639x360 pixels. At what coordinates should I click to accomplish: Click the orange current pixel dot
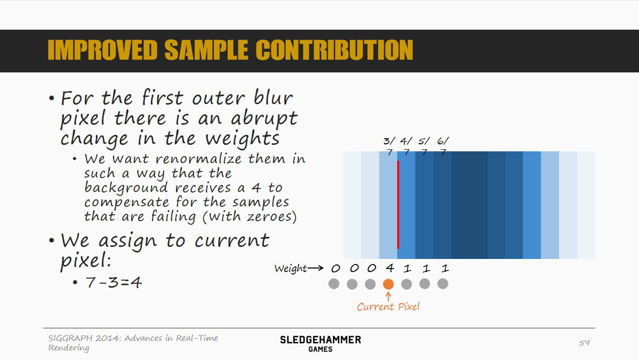[x=388, y=284]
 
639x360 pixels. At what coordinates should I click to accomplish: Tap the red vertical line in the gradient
[x=398, y=205]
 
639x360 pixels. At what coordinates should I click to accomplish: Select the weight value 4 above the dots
[x=390, y=268]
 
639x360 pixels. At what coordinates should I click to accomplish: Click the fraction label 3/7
[x=390, y=146]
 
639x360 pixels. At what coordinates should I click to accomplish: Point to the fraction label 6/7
[x=443, y=146]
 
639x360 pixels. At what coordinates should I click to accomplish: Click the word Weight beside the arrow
[x=291, y=268]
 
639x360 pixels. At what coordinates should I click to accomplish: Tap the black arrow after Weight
[x=316, y=268]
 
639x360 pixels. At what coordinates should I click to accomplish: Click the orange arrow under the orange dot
[x=388, y=297]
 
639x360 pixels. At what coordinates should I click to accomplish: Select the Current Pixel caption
[x=388, y=307]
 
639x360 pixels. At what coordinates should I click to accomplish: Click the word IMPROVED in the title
[x=103, y=50]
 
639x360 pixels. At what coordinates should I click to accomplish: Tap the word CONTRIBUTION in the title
[x=334, y=50]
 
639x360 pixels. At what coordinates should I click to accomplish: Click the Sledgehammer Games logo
[x=320, y=344]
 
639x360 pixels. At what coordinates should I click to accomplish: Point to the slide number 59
[x=584, y=342]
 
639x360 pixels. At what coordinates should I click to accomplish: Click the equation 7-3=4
[x=114, y=283]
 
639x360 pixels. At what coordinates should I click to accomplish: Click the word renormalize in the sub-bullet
[x=198, y=159]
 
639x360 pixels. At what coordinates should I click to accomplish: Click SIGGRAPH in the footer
[x=70, y=338]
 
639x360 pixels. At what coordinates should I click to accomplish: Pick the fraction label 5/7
[x=424, y=146]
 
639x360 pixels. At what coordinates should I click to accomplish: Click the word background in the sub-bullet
[x=126, y=188]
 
